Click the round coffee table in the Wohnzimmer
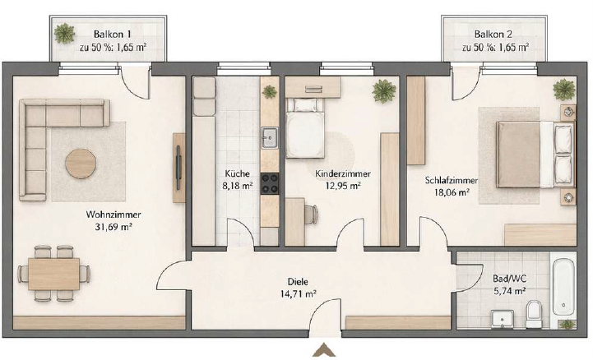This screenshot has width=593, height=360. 80,164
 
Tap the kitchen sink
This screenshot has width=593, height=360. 270,138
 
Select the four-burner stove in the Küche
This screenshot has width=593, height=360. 270,183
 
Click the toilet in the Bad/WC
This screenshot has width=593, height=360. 534,314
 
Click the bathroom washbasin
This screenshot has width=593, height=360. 503,319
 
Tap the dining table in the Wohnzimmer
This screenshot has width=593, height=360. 53,274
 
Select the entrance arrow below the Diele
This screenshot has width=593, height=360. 324,350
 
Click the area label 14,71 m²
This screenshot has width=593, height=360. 298,293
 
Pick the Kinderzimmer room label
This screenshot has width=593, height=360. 343,173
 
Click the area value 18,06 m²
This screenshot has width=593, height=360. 452,192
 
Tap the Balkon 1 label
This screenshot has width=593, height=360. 113,34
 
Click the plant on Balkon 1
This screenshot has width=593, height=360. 64,33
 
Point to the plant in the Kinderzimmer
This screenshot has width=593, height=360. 384,91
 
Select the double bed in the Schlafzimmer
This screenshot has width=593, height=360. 535,155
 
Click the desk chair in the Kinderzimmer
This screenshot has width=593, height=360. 311,215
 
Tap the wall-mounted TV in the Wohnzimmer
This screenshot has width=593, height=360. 178,168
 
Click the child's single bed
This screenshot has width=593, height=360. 305,127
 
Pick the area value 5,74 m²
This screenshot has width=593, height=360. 509,291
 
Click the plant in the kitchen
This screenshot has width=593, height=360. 269,91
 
